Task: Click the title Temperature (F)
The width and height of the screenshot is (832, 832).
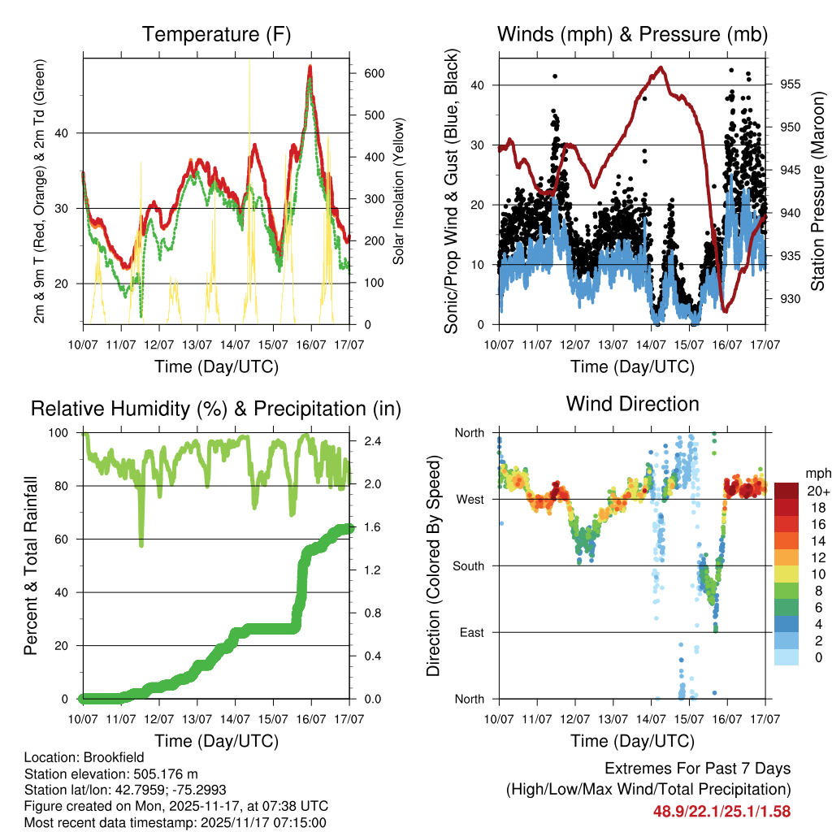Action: pos(216,35)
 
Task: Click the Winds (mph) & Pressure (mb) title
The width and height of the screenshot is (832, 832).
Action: pos(632,35)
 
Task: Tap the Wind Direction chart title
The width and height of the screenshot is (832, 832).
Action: pos(632,404)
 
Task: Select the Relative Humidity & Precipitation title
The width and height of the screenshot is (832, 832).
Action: pos(216,409)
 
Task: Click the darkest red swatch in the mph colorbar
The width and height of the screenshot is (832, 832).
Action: pos(786,491)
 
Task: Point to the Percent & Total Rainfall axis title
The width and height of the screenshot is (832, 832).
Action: pos(31,565)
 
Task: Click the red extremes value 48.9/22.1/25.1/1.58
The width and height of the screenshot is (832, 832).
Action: pos(721,811)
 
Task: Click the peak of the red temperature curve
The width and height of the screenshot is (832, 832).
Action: pos(310,67)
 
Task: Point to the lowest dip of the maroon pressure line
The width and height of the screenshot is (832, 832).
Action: pos(724,310)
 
